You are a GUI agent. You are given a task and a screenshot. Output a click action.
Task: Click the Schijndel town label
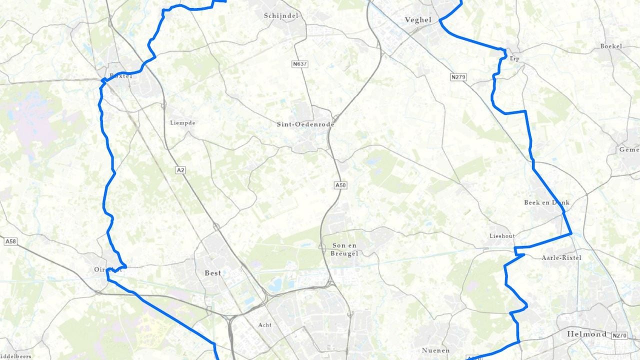point(281,15)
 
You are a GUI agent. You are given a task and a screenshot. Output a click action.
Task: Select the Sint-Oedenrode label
point(305,124)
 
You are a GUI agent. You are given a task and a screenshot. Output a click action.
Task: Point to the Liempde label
point(182,122)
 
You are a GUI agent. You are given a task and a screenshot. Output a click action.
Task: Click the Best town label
point(213,273)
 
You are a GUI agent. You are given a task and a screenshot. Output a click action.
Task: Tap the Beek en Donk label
point(546,202)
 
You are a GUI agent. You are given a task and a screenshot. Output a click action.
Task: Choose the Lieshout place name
point(501,235)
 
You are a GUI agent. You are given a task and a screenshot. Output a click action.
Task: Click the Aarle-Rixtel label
point(561,257)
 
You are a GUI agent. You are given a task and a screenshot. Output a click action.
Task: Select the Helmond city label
point(586,333)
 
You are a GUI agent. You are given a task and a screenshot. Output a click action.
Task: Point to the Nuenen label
point(435,350)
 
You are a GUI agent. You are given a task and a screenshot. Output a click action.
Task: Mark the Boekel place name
point(611,46)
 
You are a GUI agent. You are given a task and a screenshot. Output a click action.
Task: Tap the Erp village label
point(514,59)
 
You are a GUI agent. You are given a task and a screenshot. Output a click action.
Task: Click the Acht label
point(265,325)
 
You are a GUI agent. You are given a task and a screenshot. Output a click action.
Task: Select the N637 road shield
point(299,64)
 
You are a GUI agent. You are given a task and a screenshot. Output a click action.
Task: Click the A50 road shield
point(340,185)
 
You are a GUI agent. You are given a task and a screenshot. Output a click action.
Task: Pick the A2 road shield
point(180,170)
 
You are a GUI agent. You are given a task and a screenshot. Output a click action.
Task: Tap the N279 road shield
point(458,77)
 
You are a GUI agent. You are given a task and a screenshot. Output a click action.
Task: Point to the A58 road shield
point(10,241)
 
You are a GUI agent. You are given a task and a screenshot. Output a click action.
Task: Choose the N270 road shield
point(619,335)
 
